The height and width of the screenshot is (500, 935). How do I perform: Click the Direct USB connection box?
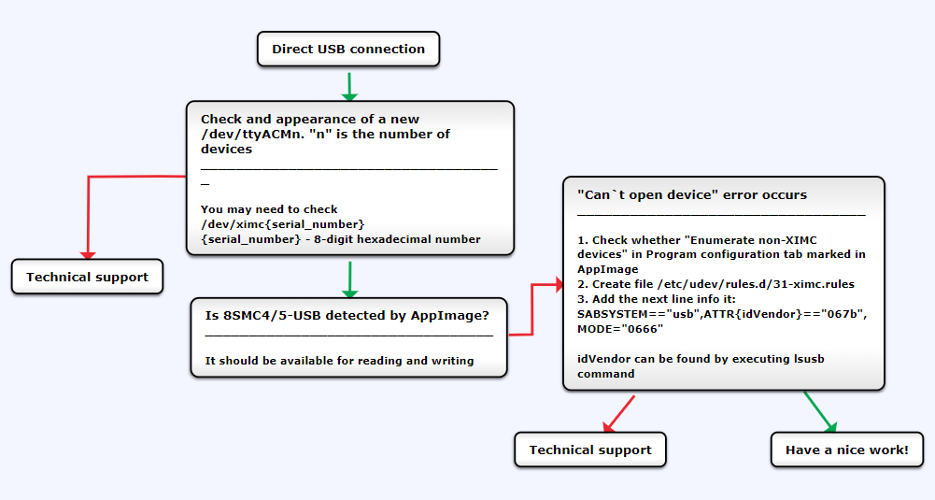[348, 50]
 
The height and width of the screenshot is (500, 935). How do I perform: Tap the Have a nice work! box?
[846, 450]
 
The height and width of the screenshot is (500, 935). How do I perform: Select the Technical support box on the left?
[87, 277]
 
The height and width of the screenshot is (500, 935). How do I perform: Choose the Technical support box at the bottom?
[590, 450]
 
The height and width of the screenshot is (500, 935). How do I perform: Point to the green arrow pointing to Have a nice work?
[819, 411]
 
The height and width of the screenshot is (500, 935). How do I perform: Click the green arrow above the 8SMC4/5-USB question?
[349, 279]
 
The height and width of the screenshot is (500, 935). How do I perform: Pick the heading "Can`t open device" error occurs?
[692, 195]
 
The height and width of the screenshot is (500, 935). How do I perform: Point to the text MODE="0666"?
[620, 329]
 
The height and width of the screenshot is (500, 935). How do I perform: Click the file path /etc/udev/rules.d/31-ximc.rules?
[754, 284]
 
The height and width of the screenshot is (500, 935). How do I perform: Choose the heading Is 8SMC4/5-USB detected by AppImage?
[347, 315]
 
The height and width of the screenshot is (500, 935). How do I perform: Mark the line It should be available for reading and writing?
[339, 361]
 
